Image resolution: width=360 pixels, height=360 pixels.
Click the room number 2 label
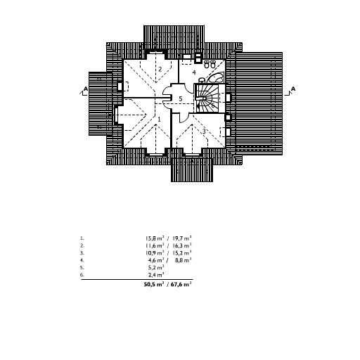pos(160,70)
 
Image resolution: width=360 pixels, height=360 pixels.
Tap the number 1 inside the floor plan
pos(159,120)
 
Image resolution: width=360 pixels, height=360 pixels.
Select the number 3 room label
pos(204,131)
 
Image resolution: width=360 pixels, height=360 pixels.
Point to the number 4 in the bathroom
pos(194,72)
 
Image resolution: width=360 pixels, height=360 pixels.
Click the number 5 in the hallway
pos(181,98)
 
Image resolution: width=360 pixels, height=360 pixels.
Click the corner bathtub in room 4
pos(216,77)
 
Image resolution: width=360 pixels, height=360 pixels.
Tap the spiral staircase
pos(207,98)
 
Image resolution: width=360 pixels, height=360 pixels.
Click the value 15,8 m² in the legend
pos(155,238)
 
